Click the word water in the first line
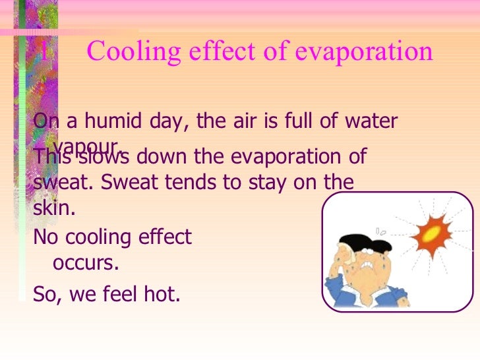371,122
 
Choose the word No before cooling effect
45,237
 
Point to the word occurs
85,264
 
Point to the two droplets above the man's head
380,231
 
